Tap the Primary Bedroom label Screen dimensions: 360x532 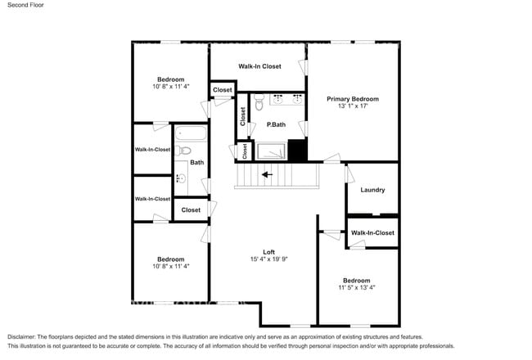(353, 99)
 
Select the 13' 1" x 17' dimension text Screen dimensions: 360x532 (353, 106)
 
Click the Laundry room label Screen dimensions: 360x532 (372, 190)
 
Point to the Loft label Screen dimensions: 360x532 (268, 251)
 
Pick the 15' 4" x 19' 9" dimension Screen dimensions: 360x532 (269, 259)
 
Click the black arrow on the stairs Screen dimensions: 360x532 (267, 174)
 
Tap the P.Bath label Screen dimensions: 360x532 (276, 124)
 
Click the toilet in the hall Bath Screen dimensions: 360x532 (185, 150)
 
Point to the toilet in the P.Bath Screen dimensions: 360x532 (258, 103)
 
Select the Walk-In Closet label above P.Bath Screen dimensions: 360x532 (259, 66)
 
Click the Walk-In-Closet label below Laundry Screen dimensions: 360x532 (372, 233)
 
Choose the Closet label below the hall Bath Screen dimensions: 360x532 (191, 210)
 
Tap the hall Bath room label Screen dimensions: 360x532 (197, 162)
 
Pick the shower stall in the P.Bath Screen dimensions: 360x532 (271, 151)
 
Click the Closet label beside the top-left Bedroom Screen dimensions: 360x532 (222, 89)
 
